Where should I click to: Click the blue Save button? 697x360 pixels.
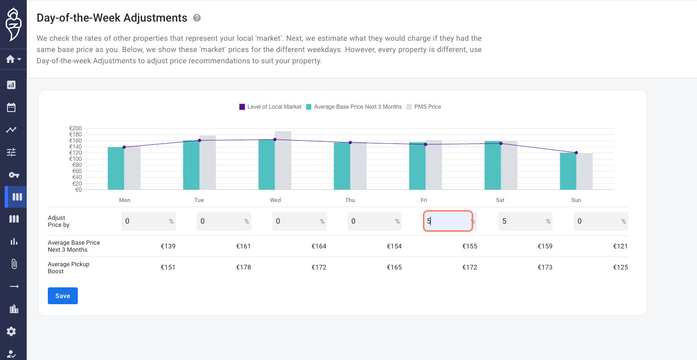point(62,296)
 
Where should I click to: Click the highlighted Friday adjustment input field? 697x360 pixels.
point(448,221)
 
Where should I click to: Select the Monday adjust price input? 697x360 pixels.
point(149,221)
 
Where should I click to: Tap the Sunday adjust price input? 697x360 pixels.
point(600,221)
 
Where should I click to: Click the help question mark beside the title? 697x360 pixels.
point(197,18)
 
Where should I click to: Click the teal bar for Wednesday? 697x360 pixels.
point(267,165)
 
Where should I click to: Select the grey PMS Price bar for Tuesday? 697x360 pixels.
point(208,162)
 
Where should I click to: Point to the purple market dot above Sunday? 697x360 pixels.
point(576,153)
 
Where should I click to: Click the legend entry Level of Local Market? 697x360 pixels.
point(270,107)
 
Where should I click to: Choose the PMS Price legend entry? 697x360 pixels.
point(423,107)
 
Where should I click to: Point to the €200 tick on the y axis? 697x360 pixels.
point(75,128)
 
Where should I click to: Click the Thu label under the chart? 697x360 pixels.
point(350,200)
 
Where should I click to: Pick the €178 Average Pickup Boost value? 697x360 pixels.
point(243,267)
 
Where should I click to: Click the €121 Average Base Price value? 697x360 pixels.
point(621,246)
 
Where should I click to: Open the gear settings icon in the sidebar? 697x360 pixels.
point(11,331)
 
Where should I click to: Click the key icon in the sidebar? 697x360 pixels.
point(14,175)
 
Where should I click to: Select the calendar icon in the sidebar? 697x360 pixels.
point(11,107)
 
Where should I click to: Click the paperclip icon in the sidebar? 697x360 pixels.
point(14,264)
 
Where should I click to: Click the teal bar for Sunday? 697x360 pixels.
point(568,171)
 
